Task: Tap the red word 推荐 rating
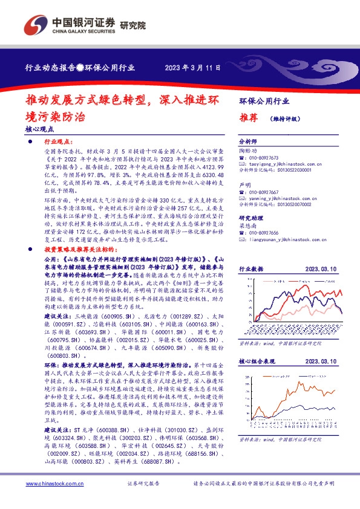coord(248,118)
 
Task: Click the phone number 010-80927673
coord(266,157)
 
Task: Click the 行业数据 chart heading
coord(252,269)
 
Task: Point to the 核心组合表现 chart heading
coord(257,361)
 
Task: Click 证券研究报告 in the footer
coord(143,484)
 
